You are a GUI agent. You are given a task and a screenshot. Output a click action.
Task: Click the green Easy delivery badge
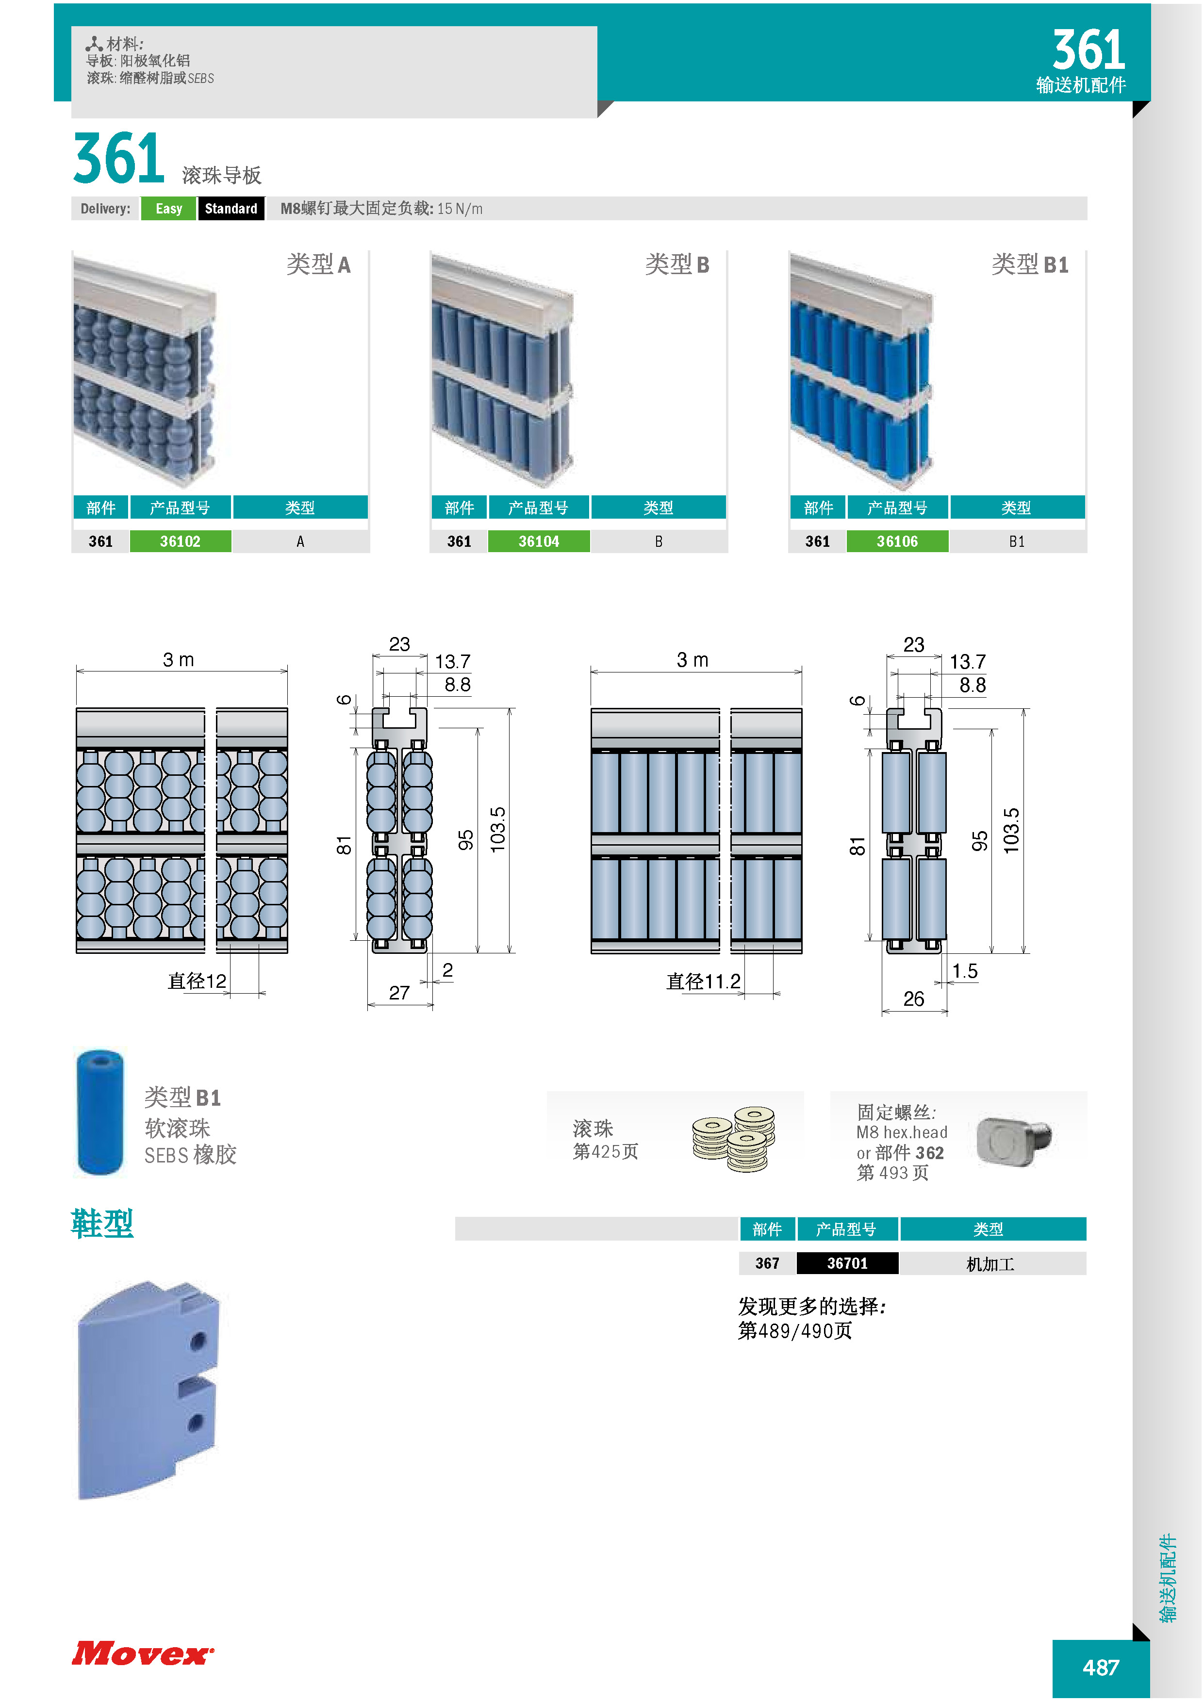(x=168, y=208)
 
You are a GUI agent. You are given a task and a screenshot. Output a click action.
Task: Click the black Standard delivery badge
(x=231, y=208)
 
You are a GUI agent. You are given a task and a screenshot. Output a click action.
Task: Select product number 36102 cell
(x=180, y=541)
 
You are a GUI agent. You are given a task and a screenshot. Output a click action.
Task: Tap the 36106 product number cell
(x=897, y=541)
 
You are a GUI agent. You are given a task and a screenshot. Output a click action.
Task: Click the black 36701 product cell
(x=847, y=1263)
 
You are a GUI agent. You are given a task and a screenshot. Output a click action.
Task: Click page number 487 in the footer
(x=1101, y=1668)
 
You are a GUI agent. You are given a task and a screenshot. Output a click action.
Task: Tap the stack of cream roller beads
(x=734, y=1139)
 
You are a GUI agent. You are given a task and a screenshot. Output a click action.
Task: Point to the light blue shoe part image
(x=148, y=1390)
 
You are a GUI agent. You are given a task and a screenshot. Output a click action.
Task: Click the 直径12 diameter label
(x=197, y=982)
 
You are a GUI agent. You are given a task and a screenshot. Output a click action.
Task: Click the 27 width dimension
(x=399, y=993)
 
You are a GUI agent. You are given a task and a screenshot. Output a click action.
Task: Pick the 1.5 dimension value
(x=965, y=971)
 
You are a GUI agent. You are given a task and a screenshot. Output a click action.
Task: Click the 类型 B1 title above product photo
(x=1030, y=264)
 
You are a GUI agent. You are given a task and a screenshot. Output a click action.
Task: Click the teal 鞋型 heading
(x=102, y=1223)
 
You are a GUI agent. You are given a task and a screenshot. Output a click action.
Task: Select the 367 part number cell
(x=767, y=1263)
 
